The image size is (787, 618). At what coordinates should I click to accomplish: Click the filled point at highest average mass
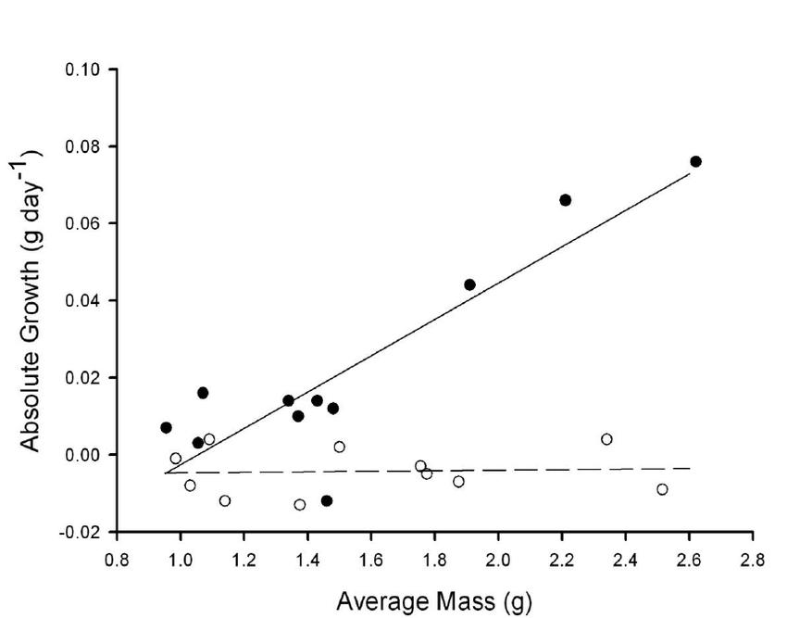pyautogui.click(x=695, y=161)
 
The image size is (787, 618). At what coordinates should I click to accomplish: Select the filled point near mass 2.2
pyautogui.click(x=565, y=200)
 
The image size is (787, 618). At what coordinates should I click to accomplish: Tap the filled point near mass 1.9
pyautogui.click(x=469, y=284)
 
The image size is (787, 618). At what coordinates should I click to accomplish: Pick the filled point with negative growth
pyautogui.click(x=327, y=500)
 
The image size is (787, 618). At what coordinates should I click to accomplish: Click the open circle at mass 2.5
pyautogui.click(x=662, y=489)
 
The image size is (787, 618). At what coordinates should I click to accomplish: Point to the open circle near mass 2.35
pyautogui.click(x=606, y=439)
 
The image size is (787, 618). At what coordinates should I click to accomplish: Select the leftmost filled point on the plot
pyautogui.click(x=166, y=427)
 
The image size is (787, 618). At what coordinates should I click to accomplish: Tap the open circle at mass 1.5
pyautogui.click(x=339, y=447)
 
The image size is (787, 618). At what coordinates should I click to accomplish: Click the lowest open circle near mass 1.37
pyautogui.click(x=299, y=505)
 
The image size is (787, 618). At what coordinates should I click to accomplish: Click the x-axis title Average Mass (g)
pyautogui.click(x=434, y=601)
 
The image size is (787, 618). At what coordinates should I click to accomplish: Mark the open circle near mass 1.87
pyautogui.click(x=458, y=481)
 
